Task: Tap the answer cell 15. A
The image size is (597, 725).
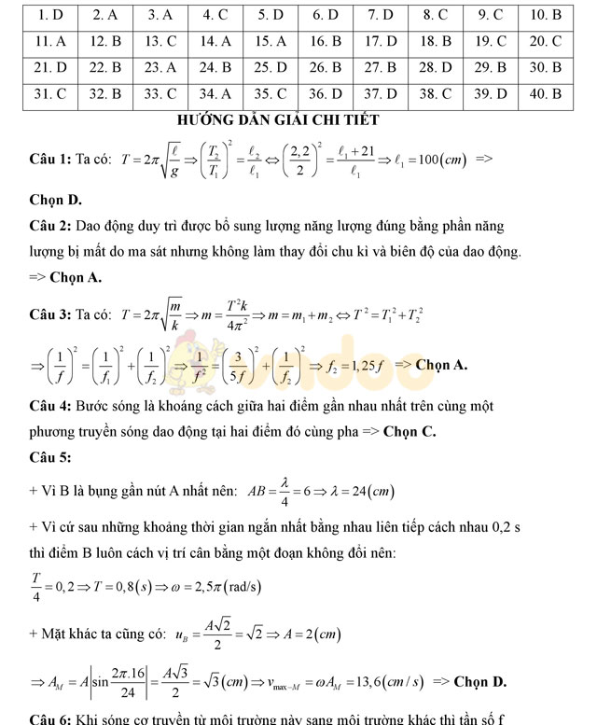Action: coord(271,41)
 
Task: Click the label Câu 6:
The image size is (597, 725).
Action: coord(50,718)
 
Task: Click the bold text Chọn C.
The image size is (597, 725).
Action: coord(409,432)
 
